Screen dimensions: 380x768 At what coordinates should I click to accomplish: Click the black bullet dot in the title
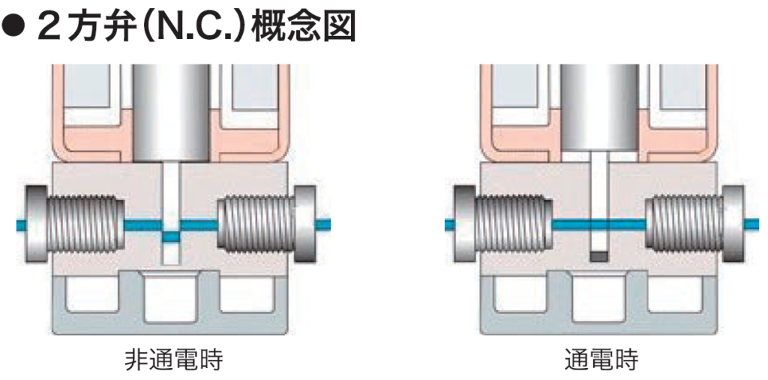tap(15, 28)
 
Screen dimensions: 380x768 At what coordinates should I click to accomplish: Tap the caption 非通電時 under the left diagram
tap(173, 361)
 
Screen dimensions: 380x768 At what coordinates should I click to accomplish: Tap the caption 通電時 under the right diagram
tap(601, 361)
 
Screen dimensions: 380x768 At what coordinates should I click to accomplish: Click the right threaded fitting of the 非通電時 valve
tap(255, 223)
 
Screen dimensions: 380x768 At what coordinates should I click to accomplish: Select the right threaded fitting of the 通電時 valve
tap(684, 223)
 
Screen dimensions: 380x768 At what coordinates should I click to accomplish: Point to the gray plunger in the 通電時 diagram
tap(600, 105)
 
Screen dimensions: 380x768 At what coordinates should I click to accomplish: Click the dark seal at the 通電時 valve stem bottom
tap(598, 256)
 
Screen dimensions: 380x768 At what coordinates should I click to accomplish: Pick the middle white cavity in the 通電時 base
tap(599, 298)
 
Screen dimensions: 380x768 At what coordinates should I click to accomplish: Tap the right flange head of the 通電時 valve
tap(734, 223)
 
